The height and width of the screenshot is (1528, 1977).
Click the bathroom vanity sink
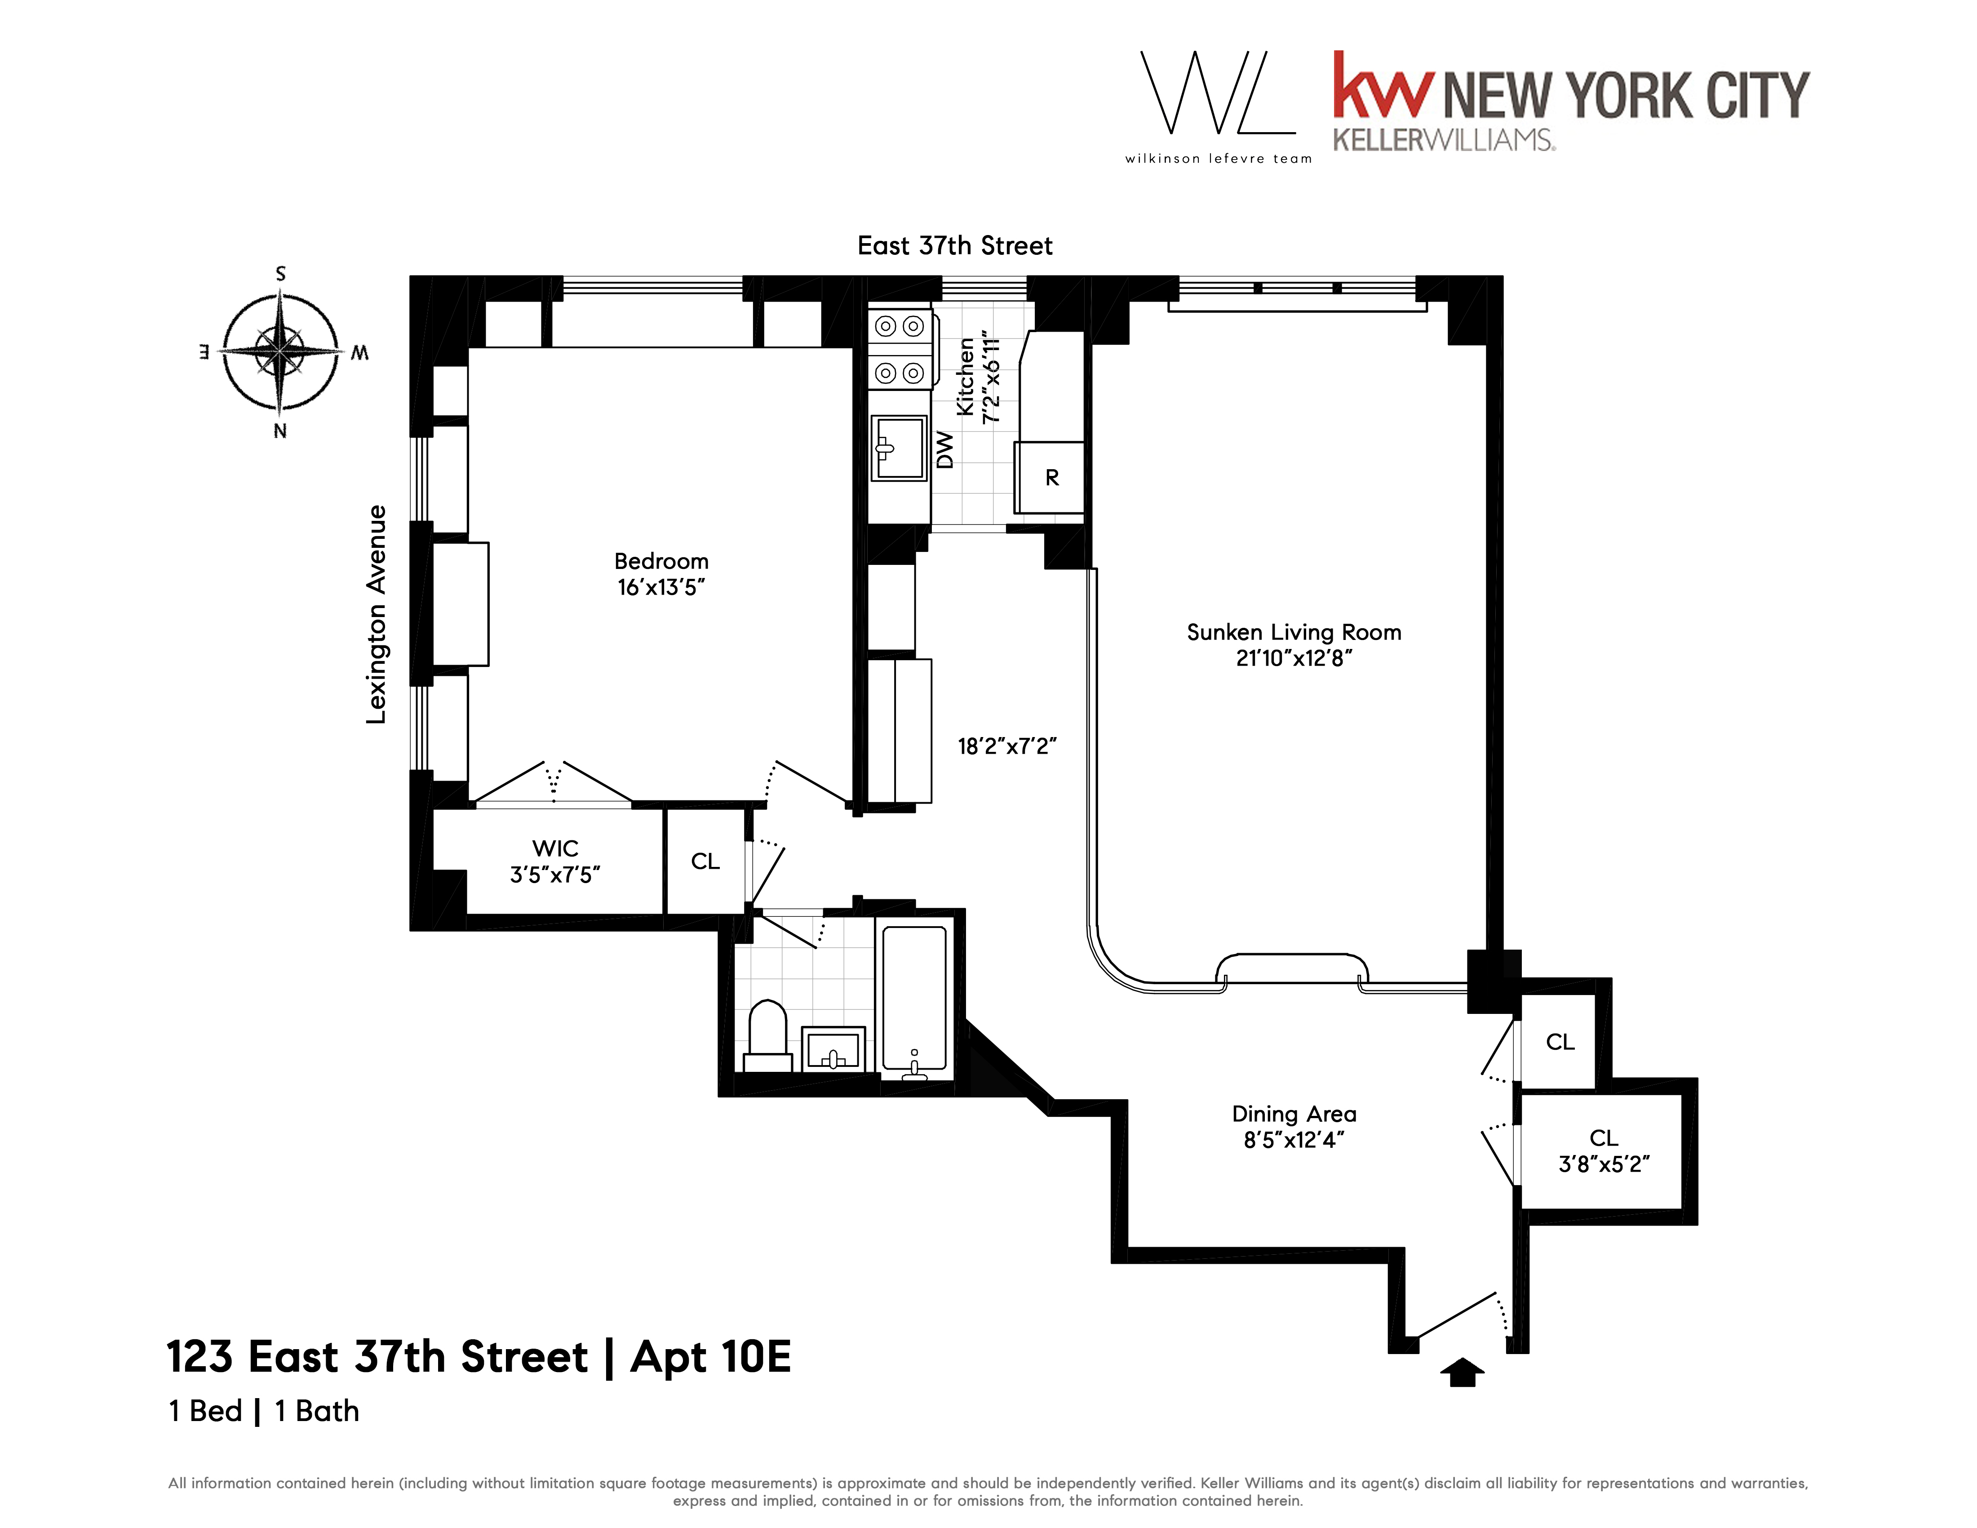tap(833, 1050)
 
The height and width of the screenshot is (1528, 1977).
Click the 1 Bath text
tap(317, 1410)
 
